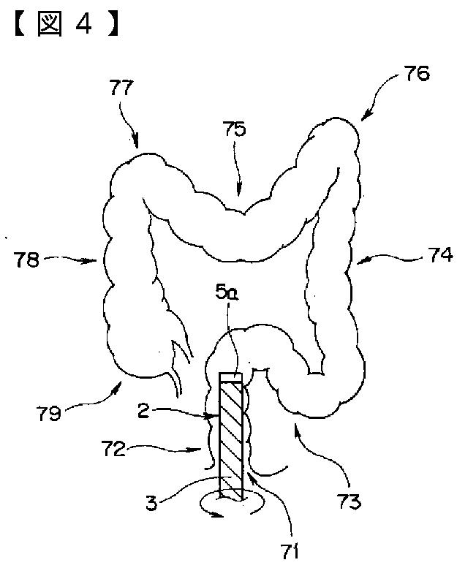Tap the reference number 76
(x=415, y=73)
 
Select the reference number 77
(x=123, y=89)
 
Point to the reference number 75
(x=235, y=129)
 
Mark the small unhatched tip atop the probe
(x=231, y=376)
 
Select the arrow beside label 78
(x=77, y=259)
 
